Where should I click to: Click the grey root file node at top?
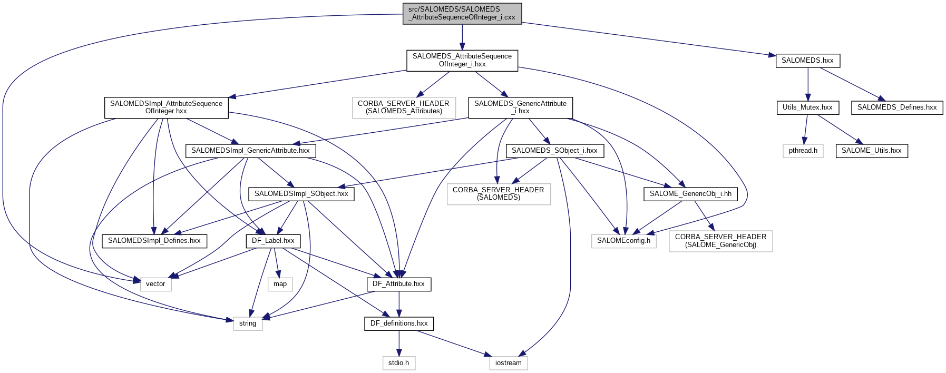tap(462, 13)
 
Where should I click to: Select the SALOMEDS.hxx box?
tap(807, 61)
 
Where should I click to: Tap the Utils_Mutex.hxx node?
tap(807, 107)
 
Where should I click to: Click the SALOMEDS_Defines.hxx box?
tap(896, 107)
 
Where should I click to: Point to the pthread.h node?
tap(803, 151)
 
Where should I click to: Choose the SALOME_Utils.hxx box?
tap(871, 151)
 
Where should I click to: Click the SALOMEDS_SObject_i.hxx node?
tap(554, 151)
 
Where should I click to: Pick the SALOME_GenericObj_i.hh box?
tap(690, 194)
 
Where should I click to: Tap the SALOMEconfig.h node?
tap(623, 241)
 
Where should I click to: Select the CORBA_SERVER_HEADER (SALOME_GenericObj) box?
tap(720, 241)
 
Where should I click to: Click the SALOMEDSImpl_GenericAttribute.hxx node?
tap(250, 151)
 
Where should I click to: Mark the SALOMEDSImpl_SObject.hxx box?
tap(301, 194)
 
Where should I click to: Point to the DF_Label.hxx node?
tap(273, 241)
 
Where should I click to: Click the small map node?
tap(280, 284)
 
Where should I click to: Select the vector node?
tap(155, 284)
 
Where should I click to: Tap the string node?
tap(248, 323)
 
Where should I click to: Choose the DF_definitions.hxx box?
tap(399, 323)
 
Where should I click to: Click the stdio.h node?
tap(398, 363)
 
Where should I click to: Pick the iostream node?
tap(508, 363)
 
